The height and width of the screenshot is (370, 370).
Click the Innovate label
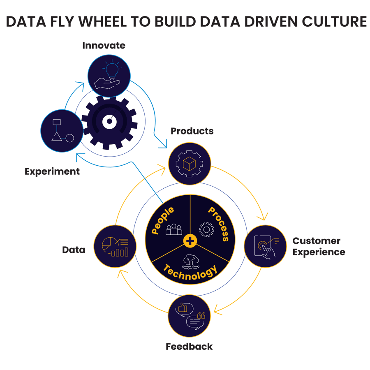[104, 45]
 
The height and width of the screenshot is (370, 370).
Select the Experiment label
[52, 171]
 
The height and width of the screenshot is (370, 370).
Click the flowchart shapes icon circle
[62, 131]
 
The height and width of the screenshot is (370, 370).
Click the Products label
[192, 131]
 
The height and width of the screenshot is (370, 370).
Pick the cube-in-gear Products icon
[190, 164]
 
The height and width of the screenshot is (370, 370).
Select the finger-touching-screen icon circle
[265, 246]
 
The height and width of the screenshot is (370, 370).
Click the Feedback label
[189, 347]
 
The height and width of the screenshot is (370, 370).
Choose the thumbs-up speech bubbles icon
[190, 316]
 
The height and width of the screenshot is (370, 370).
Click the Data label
[74, 250]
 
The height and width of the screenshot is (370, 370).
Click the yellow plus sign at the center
[190, 240]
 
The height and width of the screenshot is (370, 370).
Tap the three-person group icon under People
[173, 229]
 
